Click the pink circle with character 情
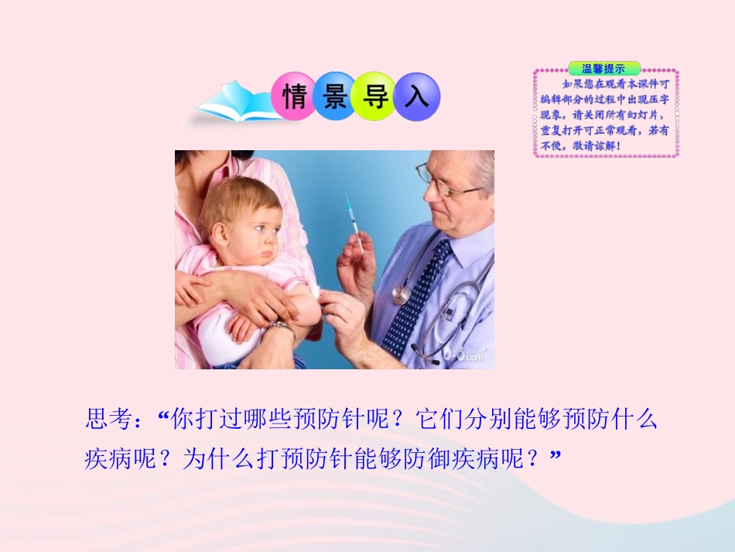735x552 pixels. tap(294, 97)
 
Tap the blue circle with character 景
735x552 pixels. tap(335, 97)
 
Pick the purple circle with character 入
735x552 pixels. tap(416, 97)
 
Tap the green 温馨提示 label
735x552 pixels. tap(603, 68)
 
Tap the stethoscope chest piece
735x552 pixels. tap(401, 294)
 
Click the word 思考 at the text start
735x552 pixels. tap(108, 420)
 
